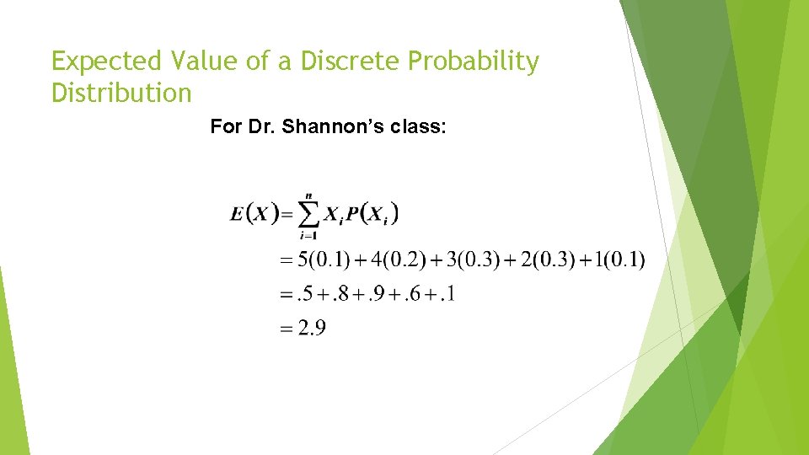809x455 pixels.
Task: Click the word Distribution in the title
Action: (x=121, y=92)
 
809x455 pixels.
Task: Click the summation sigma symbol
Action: (x=309, y=216)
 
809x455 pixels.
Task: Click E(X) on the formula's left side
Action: (x=254, y=213)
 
